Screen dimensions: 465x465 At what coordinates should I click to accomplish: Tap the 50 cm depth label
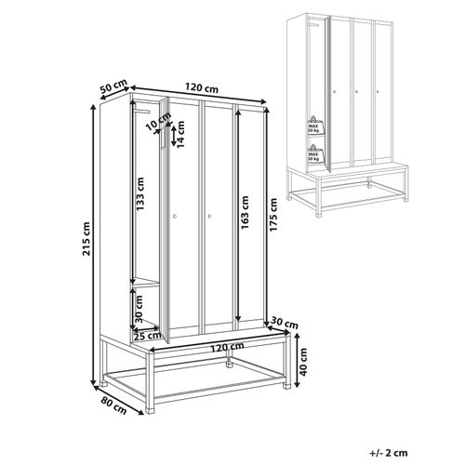[x=113, y=86]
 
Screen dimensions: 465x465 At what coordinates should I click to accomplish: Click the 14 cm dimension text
[x=182, y=137]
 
